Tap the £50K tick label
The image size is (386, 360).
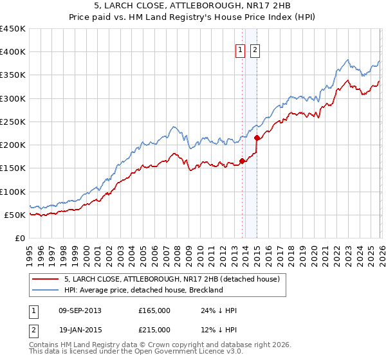[x=15, y=215]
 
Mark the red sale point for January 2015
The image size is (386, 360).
[x=257, y=138]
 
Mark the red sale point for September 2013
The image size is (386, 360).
[x=242, y=161]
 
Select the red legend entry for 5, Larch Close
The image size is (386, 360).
[x=171, y=279]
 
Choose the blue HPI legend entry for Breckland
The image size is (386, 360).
[x=143, y=290]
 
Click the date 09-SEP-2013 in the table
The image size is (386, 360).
[x=80, y=310]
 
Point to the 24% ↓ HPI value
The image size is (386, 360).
[x=219, y=310]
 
